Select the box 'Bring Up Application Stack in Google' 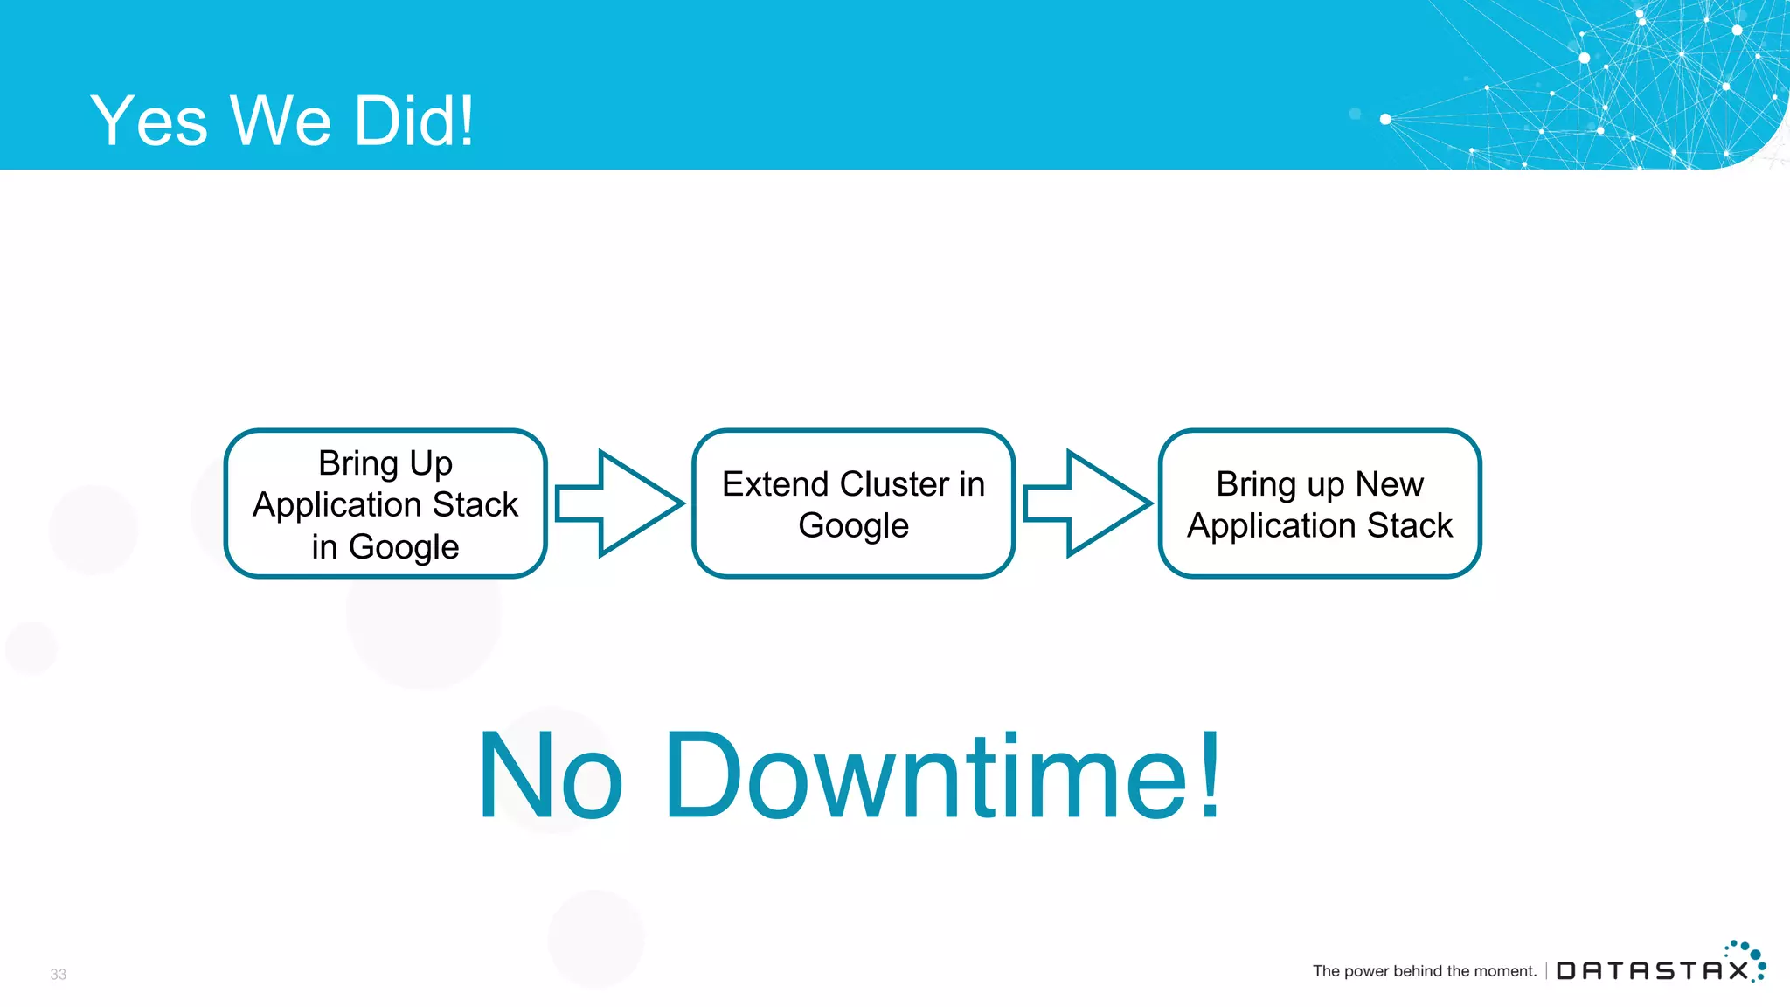385,503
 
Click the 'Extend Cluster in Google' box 853,503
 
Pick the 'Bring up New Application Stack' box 1320,503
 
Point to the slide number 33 58,974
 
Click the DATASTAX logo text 1652,970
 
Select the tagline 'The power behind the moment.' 1424,970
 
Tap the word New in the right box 1389,484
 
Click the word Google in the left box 403,547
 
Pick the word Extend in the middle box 775,484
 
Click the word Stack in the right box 1409,526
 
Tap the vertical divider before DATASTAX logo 1546,970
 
